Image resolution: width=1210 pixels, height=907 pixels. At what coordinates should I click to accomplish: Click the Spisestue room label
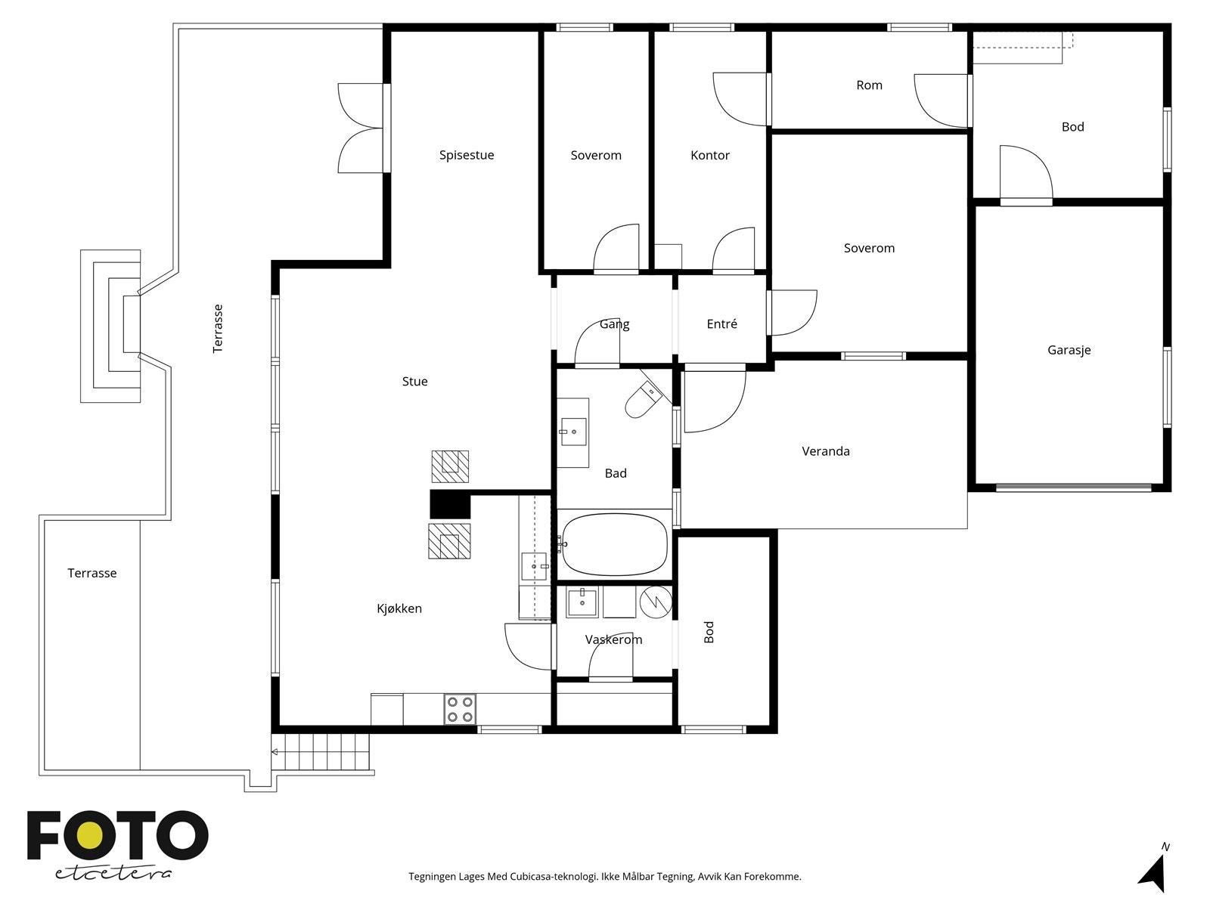[x=467, y=155]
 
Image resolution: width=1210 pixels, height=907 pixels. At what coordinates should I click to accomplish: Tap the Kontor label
[x=710, y=155]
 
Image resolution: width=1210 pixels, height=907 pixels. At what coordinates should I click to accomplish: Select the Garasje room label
[x=1069, y=350]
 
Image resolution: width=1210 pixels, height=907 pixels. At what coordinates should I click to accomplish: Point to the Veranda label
[x=826, y=451]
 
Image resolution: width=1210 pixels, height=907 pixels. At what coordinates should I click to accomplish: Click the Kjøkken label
[x=399, y=608]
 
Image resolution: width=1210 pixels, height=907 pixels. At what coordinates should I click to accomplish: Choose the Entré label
[x=721, y=323]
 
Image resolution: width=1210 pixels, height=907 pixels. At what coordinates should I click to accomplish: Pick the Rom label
[x=870, y=85]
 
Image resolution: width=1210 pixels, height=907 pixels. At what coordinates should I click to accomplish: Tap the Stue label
[x=414, y=381]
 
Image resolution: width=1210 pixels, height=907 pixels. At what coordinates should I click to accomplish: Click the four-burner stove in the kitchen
[x=460, y=709]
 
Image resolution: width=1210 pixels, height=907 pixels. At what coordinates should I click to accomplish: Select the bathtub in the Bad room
[x=615, y=545]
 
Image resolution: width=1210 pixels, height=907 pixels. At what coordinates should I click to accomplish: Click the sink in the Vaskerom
[x=582, y=602]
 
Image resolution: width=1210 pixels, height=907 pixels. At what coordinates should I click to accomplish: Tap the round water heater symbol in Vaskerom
[x=656, y=602]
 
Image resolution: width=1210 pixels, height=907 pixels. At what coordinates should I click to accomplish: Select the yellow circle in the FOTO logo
[x=88, y=835]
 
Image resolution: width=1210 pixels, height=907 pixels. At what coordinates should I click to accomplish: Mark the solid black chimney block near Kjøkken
[x=450, y=504]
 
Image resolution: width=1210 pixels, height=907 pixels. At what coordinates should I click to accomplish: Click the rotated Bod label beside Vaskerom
[x=709, y=632]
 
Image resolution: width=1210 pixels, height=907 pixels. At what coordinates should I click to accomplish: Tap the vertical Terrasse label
[x=218, y=329]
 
